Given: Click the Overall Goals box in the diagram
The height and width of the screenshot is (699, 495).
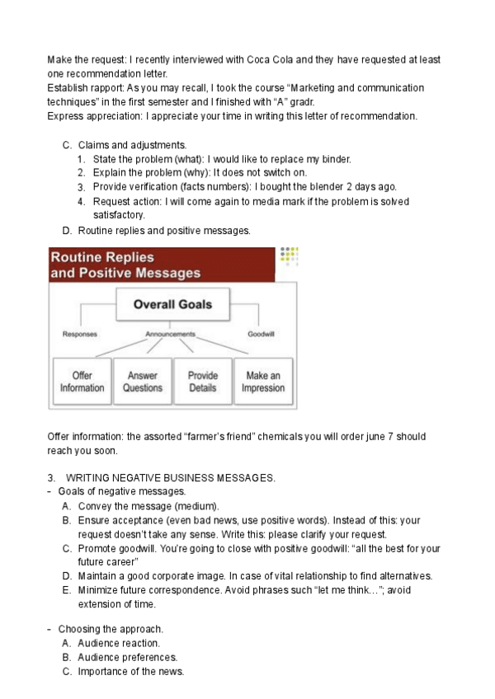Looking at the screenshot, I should pos(173,304).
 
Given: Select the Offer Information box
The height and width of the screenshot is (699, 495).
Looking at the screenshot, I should pos(82,382).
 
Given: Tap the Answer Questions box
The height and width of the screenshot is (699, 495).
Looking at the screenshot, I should pos(143,382).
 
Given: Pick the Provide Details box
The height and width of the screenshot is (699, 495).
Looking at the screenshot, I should pos(203,382).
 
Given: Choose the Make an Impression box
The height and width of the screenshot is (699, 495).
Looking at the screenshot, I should pos(263,382).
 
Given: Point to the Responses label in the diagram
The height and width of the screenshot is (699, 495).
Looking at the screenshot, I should pos(80,335).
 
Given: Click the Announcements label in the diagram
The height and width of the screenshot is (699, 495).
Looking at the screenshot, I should pos(171,335).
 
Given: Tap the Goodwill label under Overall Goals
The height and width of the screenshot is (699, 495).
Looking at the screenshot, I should pos(262,335).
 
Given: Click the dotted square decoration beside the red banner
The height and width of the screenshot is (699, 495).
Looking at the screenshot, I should pos(289,256).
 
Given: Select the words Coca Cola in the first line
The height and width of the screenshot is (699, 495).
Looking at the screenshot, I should pos(273,60).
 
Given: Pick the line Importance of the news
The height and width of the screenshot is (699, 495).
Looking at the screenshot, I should pos(130,672).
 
